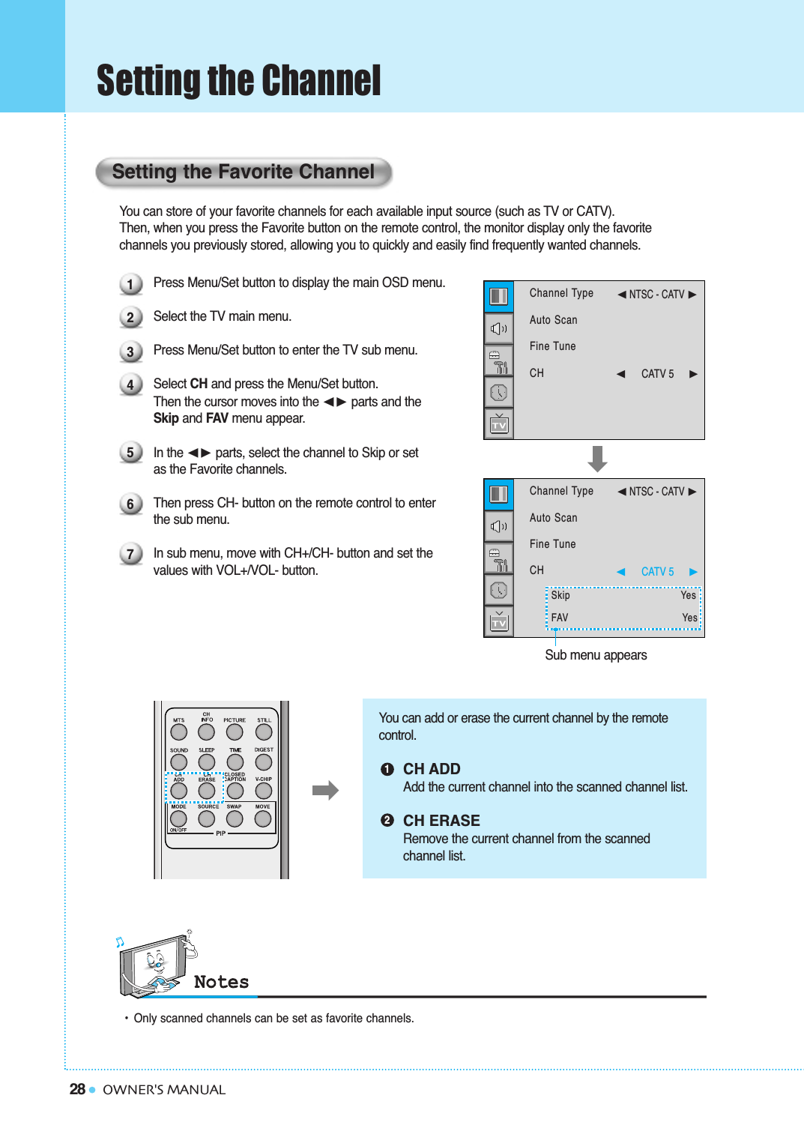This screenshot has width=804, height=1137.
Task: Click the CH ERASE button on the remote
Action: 207,791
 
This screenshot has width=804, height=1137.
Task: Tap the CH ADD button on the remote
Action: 178,791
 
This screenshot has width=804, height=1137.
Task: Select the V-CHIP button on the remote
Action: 264,791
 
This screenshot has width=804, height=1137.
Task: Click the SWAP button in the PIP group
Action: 235,818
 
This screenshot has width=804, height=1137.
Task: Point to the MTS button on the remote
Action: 178,732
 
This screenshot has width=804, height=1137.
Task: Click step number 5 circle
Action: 130,453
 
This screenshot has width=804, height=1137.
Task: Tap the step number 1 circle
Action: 130,284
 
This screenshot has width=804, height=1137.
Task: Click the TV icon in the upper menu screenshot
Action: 499,424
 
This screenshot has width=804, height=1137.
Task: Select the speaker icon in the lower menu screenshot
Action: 499,526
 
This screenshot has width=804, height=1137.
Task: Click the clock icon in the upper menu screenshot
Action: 499,392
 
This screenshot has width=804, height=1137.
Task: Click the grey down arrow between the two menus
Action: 597,458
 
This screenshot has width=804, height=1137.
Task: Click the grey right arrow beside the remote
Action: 325,790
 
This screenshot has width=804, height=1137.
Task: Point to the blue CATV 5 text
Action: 657,572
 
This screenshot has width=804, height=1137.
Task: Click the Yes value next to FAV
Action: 689,618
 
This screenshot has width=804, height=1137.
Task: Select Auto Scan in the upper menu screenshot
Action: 553,320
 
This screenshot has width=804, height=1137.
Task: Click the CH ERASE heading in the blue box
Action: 441,821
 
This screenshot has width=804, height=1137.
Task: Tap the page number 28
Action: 77,1089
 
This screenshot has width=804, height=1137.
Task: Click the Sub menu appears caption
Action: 596,655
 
